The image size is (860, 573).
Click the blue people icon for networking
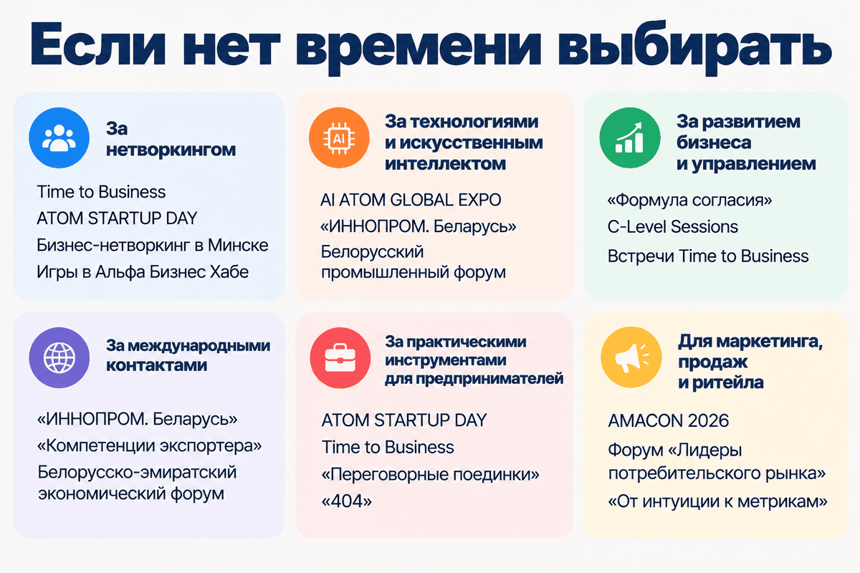click(x=59, y=138)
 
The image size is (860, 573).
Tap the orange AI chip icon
click(x=339, y=138)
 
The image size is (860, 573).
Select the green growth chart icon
click(x=630, y=138)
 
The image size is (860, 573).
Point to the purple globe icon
click(x=59, y=357)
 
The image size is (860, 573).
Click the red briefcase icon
click(x=340, y=357)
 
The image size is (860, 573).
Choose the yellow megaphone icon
click(x=631, y=357)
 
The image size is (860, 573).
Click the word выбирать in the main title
click(x=694, y=47)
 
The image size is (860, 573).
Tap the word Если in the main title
click(x=97, y=45)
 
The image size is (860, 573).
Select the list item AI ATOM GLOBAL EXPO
click(x=411, y=200)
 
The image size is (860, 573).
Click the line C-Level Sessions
click(x=673, y=227)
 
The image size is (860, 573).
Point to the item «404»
click(x=347, y=501)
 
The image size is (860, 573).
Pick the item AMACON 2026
click(x=669, y=420)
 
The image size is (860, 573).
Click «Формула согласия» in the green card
click(x=689, y=200)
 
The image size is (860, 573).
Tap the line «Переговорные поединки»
click(x=431, y=474)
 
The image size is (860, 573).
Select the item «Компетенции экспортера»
click(x=149, y=446)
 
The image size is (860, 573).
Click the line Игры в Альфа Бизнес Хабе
click(x=143, y=272)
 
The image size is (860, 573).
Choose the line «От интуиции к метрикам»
click(x=717, y=501)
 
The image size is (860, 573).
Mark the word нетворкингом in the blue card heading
click(x=171, y=150)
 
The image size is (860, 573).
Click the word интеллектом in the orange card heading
click(x=445, y=164)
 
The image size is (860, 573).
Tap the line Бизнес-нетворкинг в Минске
click(x=153, y=245)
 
